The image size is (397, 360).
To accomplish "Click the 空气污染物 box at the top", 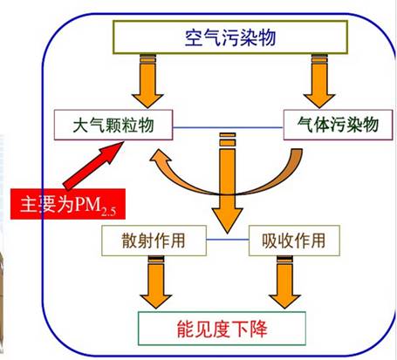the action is click(x=230, y=37).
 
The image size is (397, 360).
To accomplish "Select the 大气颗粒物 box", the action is click(x=113, y=125).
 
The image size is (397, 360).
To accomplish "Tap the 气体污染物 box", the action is click(x=338, y=125).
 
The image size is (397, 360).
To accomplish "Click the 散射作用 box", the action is click(x=154, y=241).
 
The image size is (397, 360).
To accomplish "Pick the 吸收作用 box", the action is click(x=294, y=241).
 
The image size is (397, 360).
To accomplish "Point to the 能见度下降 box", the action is click(x=222, y=329).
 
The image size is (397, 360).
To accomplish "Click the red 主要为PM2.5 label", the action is click(x=68, y=204).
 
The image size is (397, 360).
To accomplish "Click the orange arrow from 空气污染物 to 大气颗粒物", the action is click(x=147, y=81).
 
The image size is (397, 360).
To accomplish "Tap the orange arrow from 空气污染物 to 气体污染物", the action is click(x=319, y=81).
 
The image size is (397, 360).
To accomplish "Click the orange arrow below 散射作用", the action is click(x=156, y=282).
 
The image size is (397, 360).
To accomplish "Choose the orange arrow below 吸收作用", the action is click(x=284, y=282).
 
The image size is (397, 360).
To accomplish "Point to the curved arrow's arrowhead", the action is click(x=160, y=159).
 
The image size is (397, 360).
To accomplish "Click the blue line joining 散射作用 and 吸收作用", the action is click(x=228, y=240).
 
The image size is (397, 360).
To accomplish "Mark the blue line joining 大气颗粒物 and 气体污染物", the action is click(x=228, y=127).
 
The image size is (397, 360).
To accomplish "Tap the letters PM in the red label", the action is click(x=87, y=204).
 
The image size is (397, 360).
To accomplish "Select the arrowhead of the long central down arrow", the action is click(x=227, y=220).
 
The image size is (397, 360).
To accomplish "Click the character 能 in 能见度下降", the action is click(x=186, y=329).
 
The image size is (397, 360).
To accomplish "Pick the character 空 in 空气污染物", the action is click(x=194, y=37).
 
